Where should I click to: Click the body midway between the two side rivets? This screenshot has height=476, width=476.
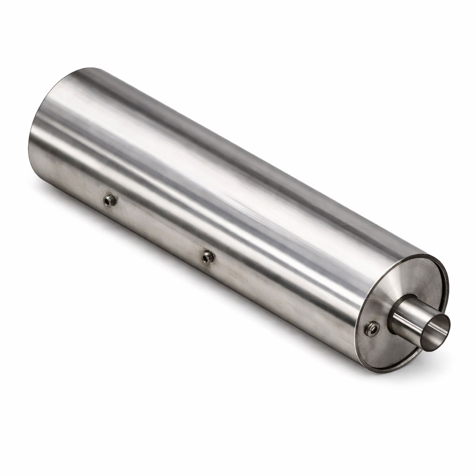(158, 228)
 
